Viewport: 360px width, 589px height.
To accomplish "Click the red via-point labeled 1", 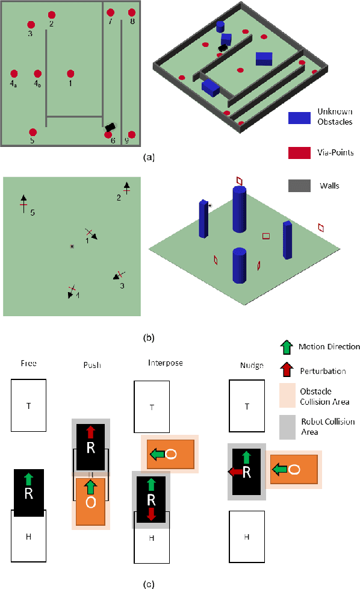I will [70, 73].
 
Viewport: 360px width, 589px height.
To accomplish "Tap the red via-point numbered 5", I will [33, 132].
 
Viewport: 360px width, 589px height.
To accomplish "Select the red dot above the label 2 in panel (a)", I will [52, 14].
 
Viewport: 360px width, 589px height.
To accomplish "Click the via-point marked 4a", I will [14, 73].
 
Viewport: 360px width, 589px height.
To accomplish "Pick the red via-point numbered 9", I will [132, 134].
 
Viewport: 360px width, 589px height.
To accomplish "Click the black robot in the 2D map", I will [110, 127].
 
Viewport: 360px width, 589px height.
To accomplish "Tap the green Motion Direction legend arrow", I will [287, 346].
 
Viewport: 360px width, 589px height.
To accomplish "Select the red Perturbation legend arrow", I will [287, 371].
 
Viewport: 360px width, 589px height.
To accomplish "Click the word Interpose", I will [165, 363].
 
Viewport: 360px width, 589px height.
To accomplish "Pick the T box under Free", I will [28, 405].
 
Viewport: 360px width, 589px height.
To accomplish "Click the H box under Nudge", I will [246, 535].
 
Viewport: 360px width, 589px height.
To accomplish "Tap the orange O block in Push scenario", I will [90, 502].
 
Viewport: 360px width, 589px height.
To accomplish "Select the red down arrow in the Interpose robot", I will [151, 514].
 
